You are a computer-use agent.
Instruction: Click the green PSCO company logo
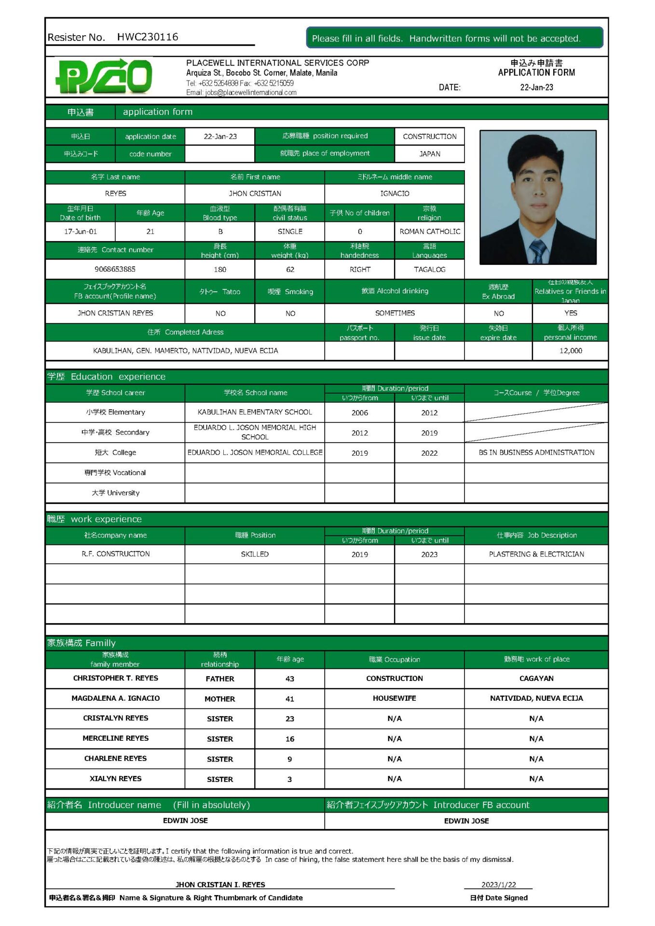104,77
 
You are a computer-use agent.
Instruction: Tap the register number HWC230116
147,37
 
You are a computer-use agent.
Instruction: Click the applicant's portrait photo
538,197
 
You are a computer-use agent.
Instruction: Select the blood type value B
220,231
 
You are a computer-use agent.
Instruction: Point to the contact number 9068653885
115,269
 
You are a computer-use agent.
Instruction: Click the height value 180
220,270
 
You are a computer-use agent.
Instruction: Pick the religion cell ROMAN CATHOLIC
429,231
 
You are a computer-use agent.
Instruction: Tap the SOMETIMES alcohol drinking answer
395,313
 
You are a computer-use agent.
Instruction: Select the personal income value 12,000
570,351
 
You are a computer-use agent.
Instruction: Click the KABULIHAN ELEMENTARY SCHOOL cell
255,412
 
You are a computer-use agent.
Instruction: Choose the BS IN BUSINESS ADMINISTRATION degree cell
536,452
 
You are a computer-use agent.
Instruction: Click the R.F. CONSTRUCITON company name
115,554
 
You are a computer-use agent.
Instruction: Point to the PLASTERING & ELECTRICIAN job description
536,554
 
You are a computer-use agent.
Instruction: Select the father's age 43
289,679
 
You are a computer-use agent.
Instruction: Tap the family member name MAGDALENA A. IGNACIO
115,698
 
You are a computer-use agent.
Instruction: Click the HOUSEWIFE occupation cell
394,698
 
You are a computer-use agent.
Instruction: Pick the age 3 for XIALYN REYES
289,779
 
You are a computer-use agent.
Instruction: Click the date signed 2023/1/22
498,885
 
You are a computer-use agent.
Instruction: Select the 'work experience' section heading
106,519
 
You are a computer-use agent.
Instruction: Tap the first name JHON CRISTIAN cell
255,193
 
